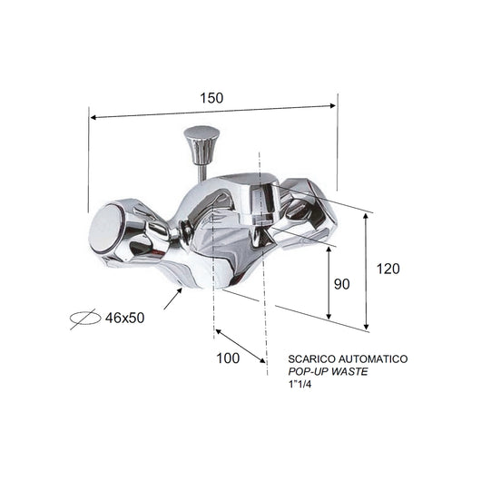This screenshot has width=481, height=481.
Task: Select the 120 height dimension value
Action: tap(386, 269)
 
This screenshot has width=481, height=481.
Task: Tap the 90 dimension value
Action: tap(340, 284)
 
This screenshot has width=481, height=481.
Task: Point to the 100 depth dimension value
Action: tap(229, 358)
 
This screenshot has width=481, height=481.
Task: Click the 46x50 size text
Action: tap(125, 318)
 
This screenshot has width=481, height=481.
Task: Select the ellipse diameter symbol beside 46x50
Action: tap(84, 319)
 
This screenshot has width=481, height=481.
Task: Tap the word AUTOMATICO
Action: tap(374, 359)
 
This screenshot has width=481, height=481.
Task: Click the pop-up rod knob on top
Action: tap(201, 141)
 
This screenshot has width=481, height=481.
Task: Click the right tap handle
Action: tap(307, 211)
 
